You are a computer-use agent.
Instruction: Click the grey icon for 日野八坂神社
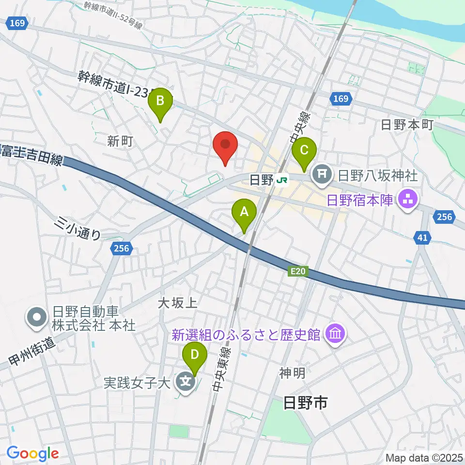322,172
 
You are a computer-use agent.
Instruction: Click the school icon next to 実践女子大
186,382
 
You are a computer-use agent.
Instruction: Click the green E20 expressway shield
298,273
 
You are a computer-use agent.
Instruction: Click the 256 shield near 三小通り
122,248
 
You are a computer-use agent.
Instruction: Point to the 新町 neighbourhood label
120,141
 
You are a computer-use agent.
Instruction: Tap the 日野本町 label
407,125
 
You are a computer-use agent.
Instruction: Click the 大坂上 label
177,304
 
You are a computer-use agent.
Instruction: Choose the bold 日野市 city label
305,402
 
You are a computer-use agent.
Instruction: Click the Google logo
33,453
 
